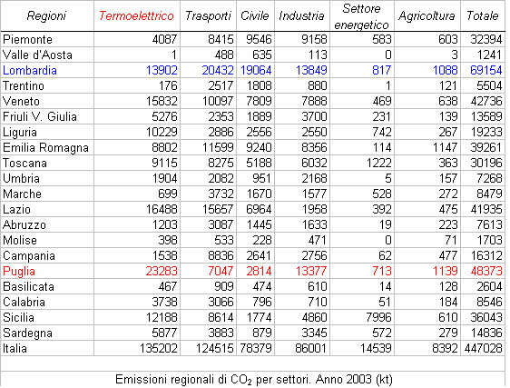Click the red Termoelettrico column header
[136, 15]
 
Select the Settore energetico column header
[361, 16]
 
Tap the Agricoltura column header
[427, 15]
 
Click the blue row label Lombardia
[30, 70]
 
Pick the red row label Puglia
[19, 271]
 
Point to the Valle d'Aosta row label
[37, 55]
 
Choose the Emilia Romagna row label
[45, 148]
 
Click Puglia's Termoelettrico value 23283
[162, 271]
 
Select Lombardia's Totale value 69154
[485, 70]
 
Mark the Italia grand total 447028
[483, 348]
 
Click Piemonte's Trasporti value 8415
[221, 39]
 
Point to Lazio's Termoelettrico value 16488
[162, 209]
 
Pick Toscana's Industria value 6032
[314, 163]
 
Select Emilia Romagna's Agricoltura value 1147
[445, 147]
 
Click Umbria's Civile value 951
[261, 178]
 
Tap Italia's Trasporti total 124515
[215, 348]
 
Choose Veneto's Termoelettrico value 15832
[162, 101]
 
